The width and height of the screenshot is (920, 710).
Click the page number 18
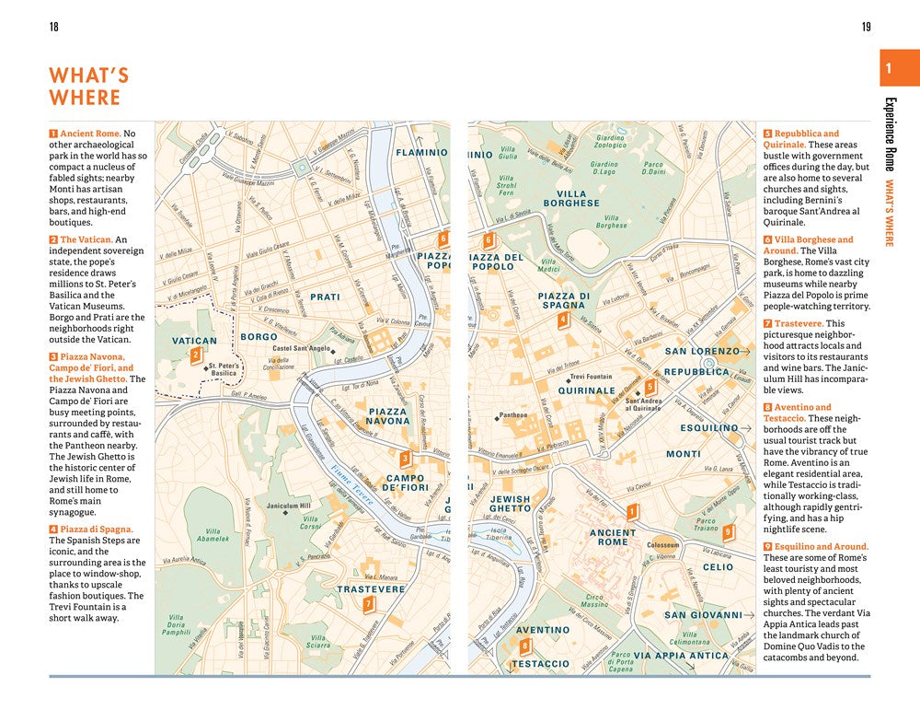pos(54,27)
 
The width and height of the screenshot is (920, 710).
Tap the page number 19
pos(867,27)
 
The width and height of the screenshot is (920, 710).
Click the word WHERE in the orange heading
pos(85,98)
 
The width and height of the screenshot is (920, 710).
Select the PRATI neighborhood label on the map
pos(326,297)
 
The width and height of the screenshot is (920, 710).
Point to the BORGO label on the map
pos(259,337)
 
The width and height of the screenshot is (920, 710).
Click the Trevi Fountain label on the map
pos(591,377)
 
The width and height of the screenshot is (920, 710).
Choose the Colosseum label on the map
pos(662,545)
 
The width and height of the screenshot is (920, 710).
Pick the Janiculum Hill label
pos(288,506)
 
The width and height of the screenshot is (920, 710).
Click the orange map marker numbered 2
pos(196,355)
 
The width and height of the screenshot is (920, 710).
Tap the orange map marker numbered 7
pos(368,604)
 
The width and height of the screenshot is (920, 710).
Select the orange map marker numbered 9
pos(727,532)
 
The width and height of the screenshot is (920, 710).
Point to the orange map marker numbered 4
pos(562,320)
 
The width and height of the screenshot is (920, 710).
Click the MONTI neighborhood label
pos(684,454)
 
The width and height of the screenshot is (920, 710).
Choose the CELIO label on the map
pos(718,567)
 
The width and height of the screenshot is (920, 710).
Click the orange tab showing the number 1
pos(889,69)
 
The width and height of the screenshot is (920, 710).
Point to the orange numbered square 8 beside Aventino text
pos(767,407)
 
